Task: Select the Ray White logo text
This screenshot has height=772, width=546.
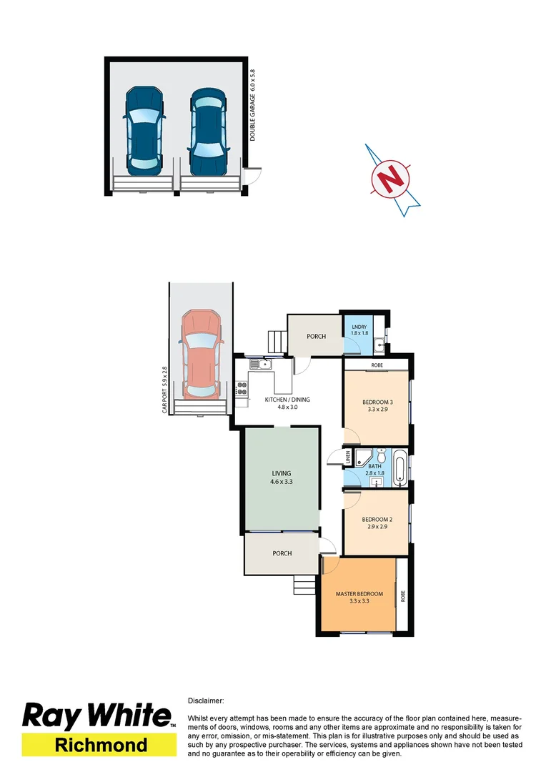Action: (98, 716)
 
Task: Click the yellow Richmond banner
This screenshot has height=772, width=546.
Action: (99, 745)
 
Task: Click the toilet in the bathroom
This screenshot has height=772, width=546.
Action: (382, 456)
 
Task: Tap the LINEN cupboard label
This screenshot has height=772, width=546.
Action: (349, 457)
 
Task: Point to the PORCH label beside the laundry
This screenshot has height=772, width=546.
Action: (316, 336)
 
